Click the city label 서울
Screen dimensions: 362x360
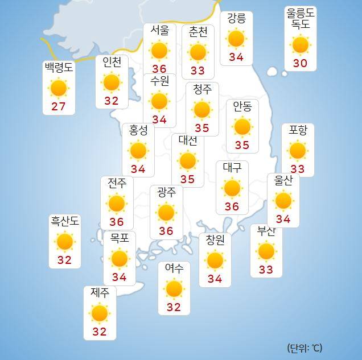[159, 31]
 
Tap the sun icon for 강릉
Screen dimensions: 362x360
[236, 39]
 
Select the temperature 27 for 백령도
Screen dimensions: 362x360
[59, 107]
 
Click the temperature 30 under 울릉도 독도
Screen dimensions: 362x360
[300, 63]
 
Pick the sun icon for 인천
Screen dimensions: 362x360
[112, 82]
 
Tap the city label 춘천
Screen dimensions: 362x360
[198, 32]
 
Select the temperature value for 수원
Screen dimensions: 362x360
[159, 120]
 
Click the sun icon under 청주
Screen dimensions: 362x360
[202, 109]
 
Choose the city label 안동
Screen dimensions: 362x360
[242, 106]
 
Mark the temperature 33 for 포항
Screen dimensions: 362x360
[298, 169]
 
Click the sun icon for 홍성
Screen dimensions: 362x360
[138, 151]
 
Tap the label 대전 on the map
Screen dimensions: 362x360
[188, 140]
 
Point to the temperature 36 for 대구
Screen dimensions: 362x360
[232, 206]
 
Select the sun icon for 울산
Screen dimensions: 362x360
[283, 200]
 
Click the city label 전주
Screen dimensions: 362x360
[117, 183]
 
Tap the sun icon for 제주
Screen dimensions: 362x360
[100, 313]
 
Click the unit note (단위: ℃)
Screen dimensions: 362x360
[305, 347]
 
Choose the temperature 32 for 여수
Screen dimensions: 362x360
[174, 308]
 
